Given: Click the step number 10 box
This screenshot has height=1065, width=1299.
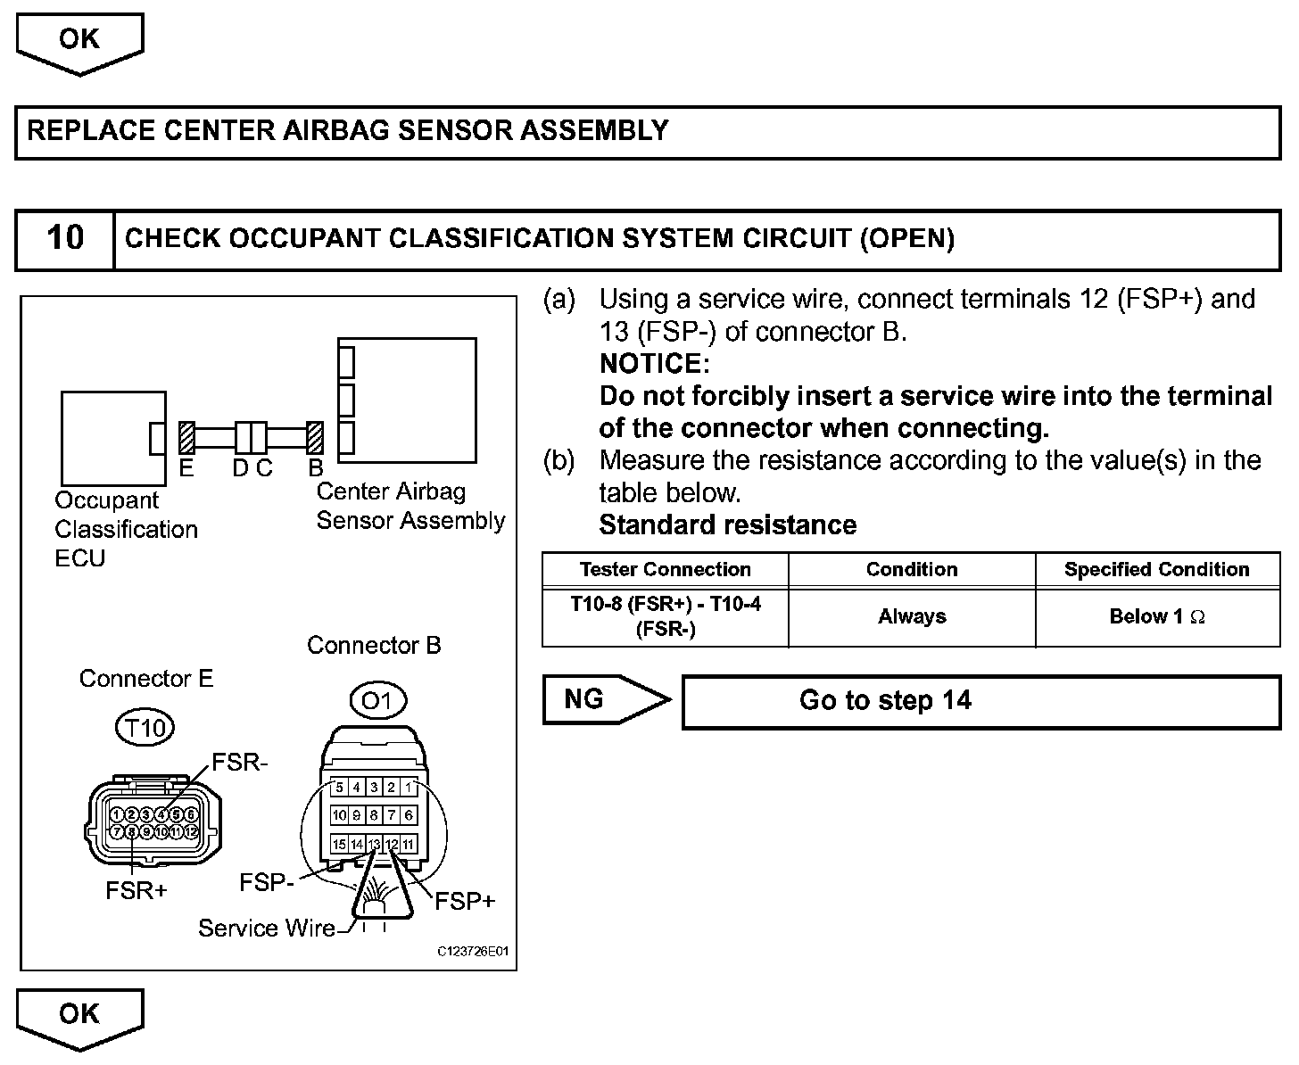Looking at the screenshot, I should [x=65, y=239].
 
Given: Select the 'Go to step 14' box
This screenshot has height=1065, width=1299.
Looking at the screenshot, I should [x=980, y=701].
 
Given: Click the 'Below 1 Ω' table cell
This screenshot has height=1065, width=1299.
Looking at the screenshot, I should [x=1157, y=616].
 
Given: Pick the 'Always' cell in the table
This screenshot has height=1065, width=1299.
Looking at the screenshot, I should [x=912, y=616].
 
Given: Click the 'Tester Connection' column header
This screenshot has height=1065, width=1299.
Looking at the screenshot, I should [x=665, y=569].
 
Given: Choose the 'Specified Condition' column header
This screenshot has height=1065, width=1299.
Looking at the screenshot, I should [x=1157, y=569].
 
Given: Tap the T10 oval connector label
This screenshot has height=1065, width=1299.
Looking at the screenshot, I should [x=145, y=728].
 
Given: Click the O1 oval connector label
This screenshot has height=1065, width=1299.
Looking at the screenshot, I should [x=377, y=700].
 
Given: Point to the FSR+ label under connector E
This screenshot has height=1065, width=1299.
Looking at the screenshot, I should [x=137, y=890].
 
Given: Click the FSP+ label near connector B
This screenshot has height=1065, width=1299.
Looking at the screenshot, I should [x=465, y=901].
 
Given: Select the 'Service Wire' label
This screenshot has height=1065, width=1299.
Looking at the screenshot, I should [x=267, y=929].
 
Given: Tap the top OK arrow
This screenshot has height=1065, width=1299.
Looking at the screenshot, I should [x=79, y=41].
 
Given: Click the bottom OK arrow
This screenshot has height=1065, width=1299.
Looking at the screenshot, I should [x=79, y=1016].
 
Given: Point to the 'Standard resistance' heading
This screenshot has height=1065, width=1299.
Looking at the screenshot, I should [x=727, y=524].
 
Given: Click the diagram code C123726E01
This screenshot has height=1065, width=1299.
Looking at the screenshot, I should [x=473, y=952].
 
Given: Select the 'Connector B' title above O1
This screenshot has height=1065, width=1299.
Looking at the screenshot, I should [x=374, y=645].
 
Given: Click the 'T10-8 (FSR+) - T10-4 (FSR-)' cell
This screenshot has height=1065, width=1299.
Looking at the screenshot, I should [x=666, y=616].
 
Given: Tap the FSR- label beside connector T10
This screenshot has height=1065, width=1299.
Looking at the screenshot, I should [x=240, y=762].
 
